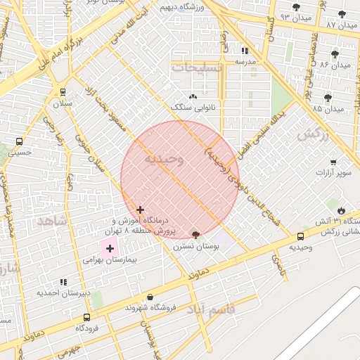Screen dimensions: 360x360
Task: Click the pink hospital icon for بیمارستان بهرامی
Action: [x=110, y=247]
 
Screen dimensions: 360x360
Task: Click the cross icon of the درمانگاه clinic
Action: [x=140, y=209]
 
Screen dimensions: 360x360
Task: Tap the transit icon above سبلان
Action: [x=63, y=91]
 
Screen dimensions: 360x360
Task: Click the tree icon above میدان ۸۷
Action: [x=342, y=13]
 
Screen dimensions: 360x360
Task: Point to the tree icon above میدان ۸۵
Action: [x=328, y=98]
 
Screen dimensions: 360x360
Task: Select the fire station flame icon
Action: [x=341, y=210]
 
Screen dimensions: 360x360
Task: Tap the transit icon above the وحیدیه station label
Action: [x=301, y=236]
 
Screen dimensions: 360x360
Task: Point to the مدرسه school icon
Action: [x=245, y=51]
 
